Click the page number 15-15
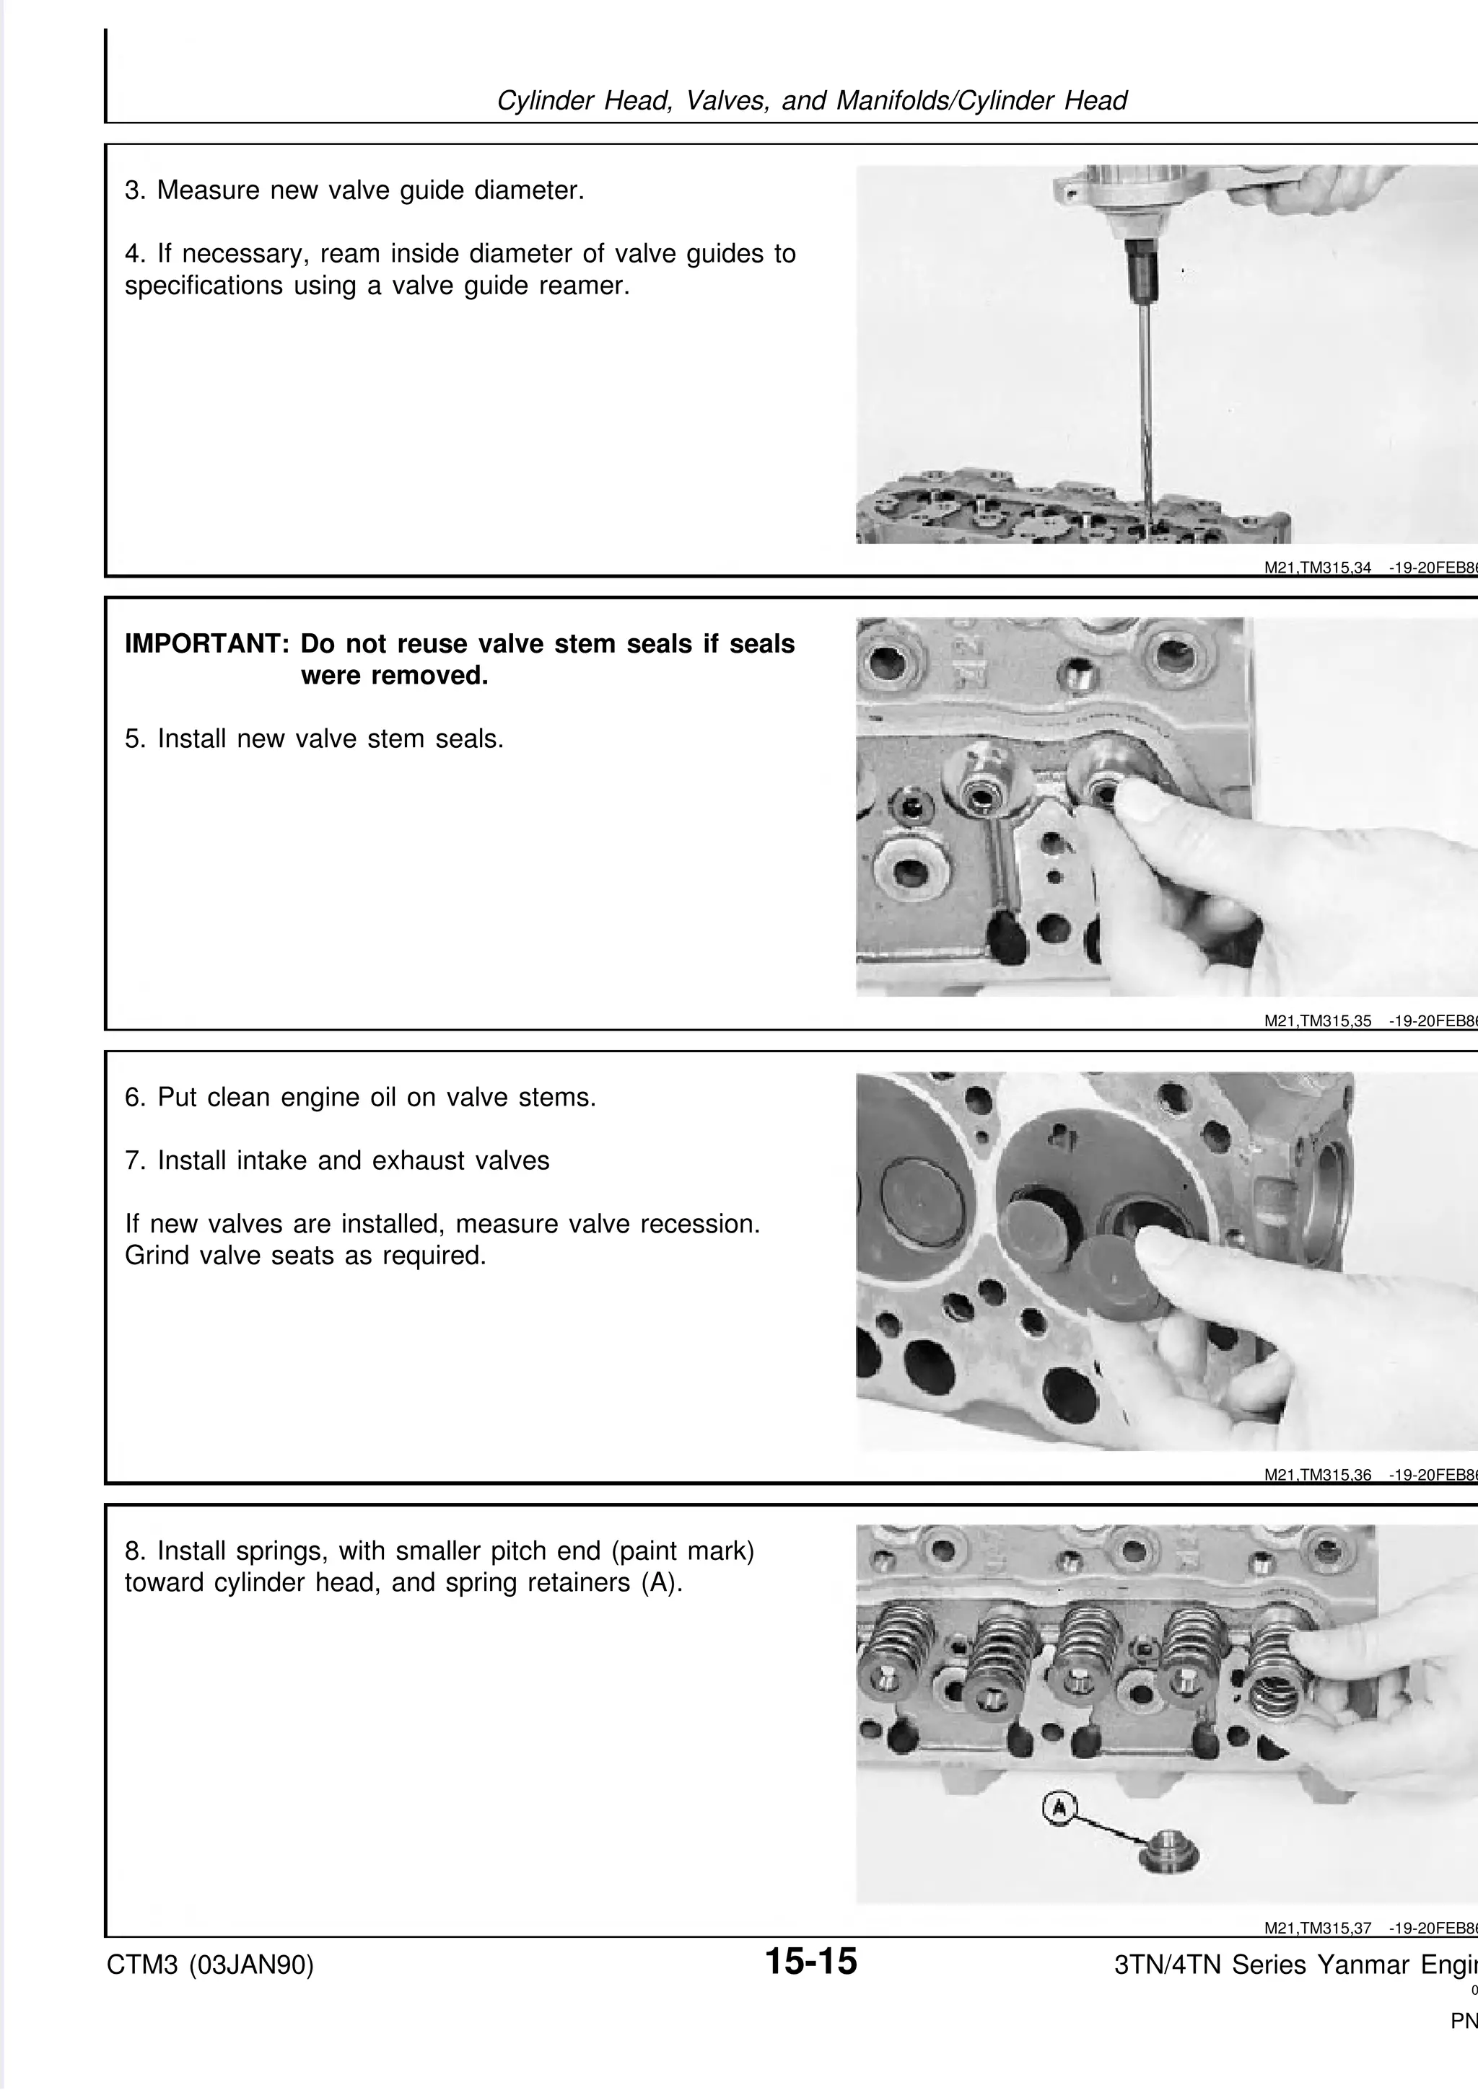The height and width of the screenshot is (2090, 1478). click(x=810, y=1961)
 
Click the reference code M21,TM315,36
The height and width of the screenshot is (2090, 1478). click(x=1318, y=1476)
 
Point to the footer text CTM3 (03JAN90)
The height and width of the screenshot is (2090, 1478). click(x=210, y=1965)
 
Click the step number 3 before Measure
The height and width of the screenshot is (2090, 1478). click(x=132, y=191)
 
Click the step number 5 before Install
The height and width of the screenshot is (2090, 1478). click(x=133, y=739)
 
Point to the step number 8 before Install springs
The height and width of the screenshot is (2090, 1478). click(x=133, y=1551)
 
